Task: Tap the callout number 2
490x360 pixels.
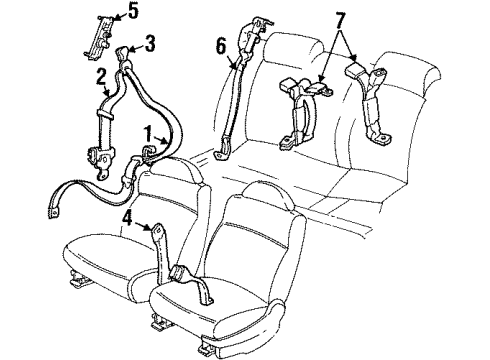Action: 102,76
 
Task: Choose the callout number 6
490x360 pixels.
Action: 222,45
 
